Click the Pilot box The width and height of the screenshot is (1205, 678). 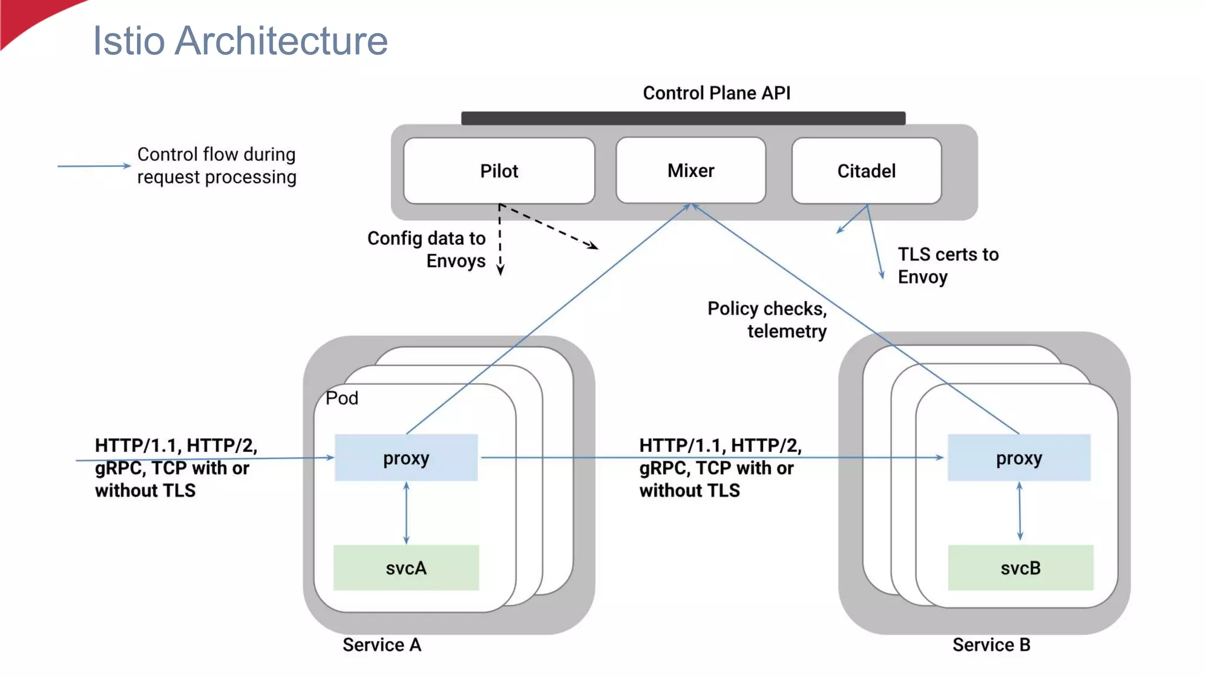point(499,171)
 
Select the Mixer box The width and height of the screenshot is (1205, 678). point(690,171)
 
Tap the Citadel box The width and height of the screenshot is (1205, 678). point(866,171)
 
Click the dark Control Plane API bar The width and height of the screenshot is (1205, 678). point(683,118)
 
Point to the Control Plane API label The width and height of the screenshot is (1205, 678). point(716,93)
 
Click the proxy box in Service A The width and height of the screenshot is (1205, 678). point(406,458)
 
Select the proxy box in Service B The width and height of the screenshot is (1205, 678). point(1018,458)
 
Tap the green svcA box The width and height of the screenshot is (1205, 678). point(406,568)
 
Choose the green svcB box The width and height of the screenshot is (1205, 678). point(1020,568)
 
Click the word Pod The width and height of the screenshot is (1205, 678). point(342,398)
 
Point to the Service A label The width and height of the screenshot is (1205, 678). point(382,645)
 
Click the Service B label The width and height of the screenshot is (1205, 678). point(991,645)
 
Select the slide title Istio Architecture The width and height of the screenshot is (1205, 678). point(240,41)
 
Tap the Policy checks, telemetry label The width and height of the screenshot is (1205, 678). point(767,320)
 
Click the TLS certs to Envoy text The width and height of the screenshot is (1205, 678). point(947,265)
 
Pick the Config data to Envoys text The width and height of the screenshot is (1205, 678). point(427,250)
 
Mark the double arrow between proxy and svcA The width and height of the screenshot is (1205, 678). point(406,513)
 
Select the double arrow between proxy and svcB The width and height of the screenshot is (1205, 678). point(1020,511)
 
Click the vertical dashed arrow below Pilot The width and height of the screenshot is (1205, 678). point(500,241)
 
